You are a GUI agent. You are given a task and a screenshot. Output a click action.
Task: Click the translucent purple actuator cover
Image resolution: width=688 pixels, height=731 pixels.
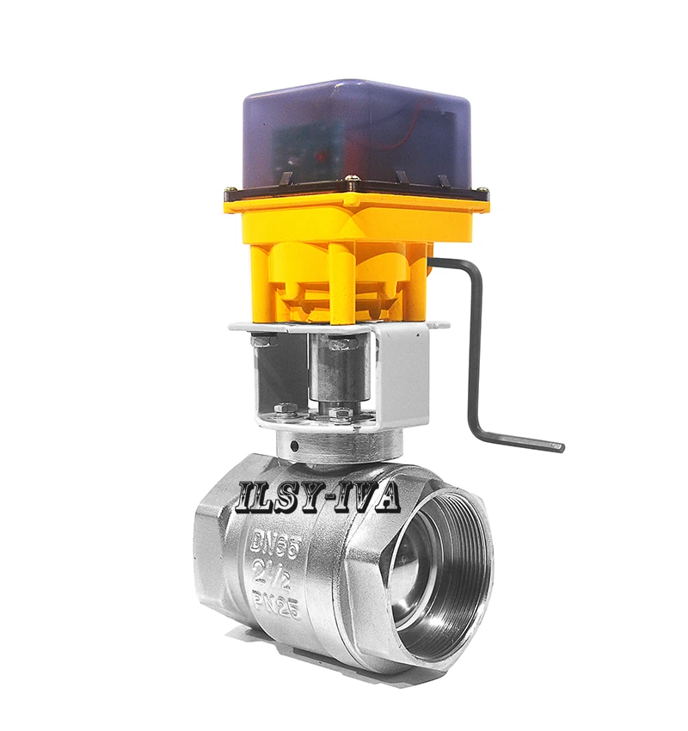click(x=361, y=138)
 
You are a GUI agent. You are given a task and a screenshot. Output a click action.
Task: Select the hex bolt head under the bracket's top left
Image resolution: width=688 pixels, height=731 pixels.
click(x=262, y=341)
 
